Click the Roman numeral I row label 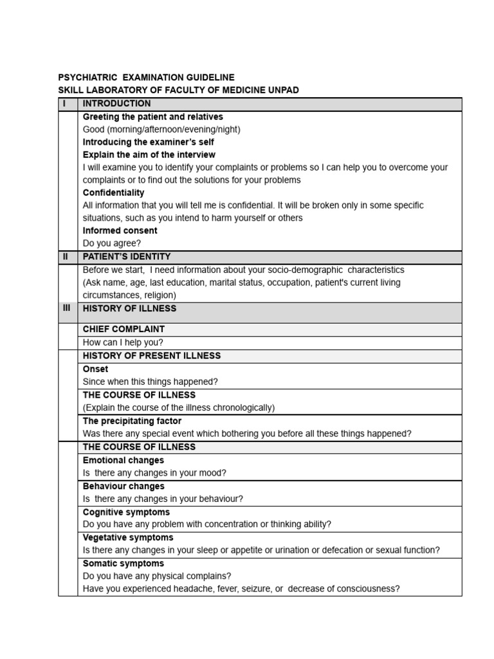(x=64, y=104)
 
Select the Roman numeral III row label (x=67, y=309)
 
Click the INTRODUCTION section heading (x=116, y=104)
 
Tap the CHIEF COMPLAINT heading (x=123, y=329)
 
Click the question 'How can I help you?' (x=123, y=342)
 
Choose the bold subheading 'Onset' (x=95, y=369)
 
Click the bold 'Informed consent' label (x=120, y=230)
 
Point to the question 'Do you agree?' (x=111, y=243)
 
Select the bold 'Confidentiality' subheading (x=113, y=192)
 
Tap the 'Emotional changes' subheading (x=123, y=460)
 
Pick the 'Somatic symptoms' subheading (x=123, y=563)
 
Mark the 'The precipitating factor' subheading (x=132, y=421)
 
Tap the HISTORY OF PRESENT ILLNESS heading (x=151, y=356)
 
